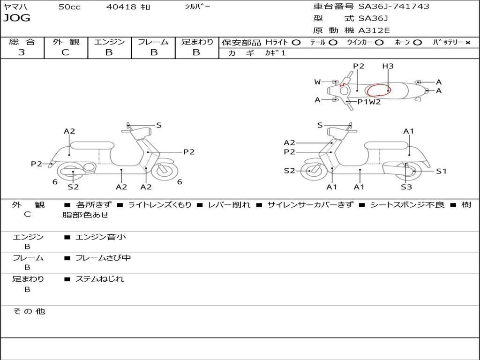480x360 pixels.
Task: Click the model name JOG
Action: pos(17,18)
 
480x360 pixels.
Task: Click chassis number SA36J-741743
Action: pos(394,7)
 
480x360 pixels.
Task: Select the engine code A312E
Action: pos(374,30)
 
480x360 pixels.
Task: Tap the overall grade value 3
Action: pos(22,52)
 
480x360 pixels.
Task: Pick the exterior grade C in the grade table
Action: pos(65,52)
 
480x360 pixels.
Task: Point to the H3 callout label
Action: pos(388,66)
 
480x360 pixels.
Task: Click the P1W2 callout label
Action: pos(369,102)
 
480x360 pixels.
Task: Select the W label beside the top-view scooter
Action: pos(317,82)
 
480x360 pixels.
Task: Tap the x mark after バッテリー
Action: pos(468,43)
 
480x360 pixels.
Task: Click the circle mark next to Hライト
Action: pos(296,43)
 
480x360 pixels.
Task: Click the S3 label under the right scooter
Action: pos(406,187)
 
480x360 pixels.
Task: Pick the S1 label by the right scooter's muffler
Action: pos(441,171)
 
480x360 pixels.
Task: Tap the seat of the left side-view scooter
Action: pos(92,146)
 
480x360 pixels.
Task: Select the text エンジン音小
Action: pos(100,237)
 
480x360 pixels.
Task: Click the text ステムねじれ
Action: pos(99,279)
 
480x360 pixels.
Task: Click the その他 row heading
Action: pos(29,311)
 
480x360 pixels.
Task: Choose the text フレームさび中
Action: pos(103,258)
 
